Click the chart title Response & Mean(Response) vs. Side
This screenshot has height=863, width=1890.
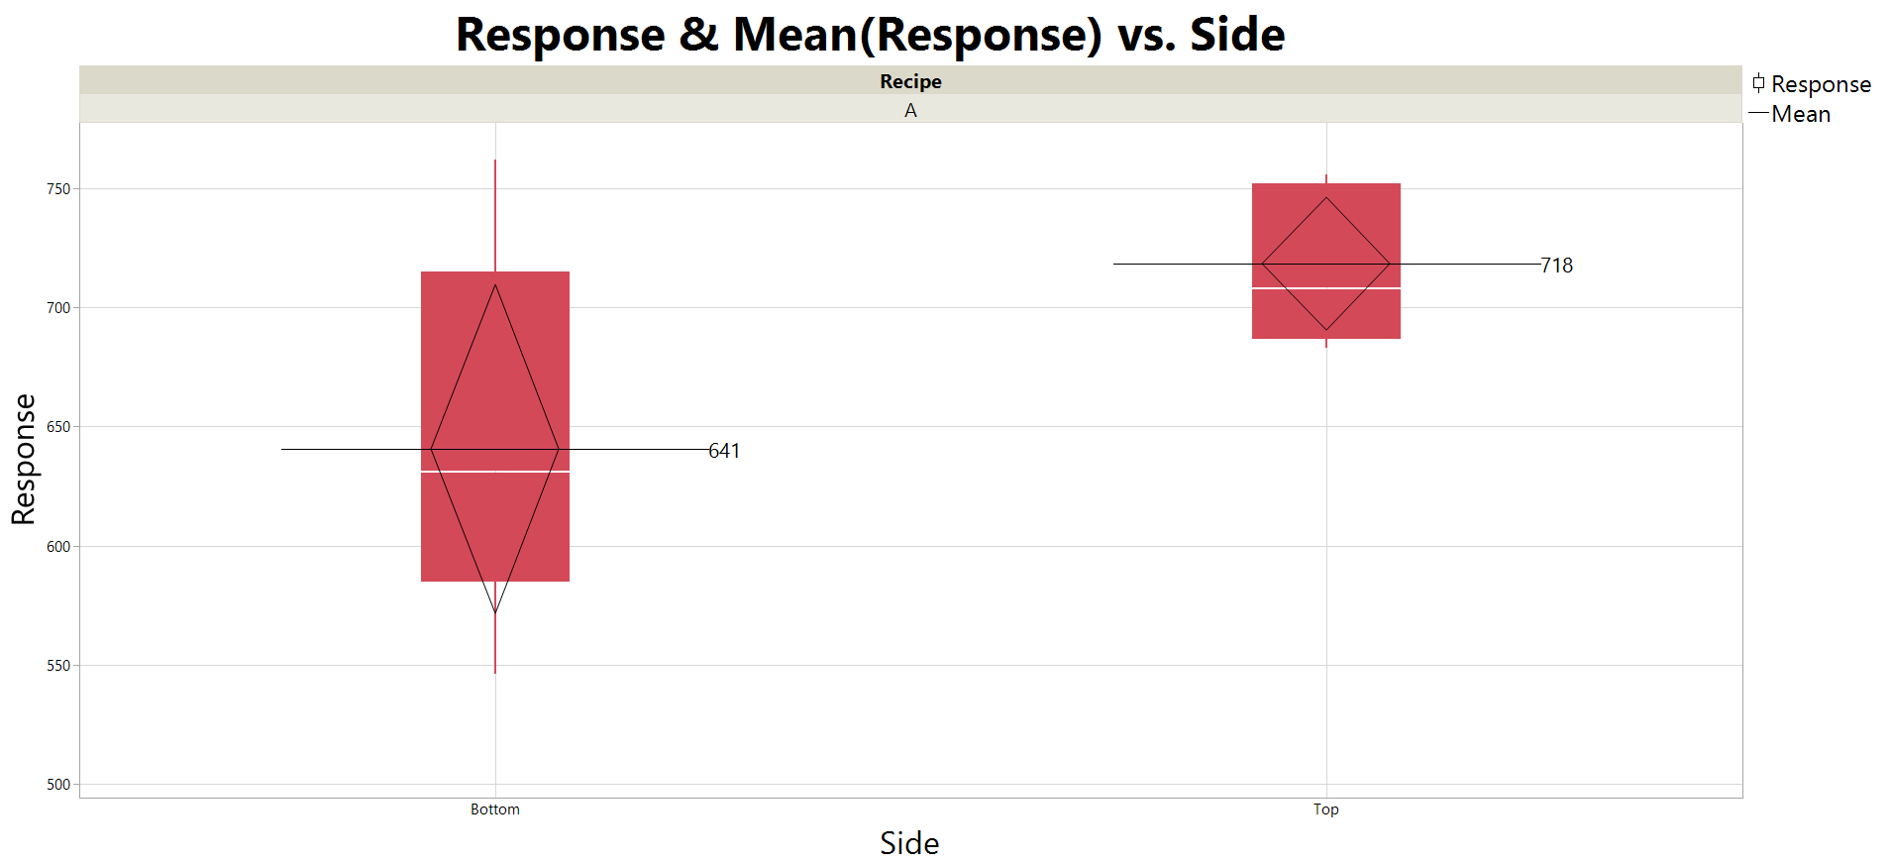tap(870, 35)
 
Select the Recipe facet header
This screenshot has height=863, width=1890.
tap(910, 81)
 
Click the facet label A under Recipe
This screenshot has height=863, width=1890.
tap(910, 110)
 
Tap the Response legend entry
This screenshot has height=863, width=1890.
tap(1820, 84)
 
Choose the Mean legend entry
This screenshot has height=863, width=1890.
tap(1800, 114)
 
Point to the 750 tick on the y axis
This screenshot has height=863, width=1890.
tap(58, 188)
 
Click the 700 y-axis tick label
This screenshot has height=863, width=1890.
tap(58, 308)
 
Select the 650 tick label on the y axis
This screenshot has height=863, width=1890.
tap(58, 427)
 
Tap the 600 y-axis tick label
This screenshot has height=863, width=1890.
tap(58, 546)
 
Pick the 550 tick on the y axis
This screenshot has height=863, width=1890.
tap(58, 666)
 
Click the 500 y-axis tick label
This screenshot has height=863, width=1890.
tap(58, 785)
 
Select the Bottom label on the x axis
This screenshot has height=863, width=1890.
tap(494, 809)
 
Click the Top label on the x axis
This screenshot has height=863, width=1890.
tap(1325, 809)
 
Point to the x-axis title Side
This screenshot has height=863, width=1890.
tap(909, 843)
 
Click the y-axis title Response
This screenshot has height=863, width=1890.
tap(24, 459)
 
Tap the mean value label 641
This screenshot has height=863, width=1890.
tap(724, 451)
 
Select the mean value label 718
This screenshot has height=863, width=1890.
tap(1556, 266)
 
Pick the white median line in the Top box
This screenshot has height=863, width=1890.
tap(1288, 288)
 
